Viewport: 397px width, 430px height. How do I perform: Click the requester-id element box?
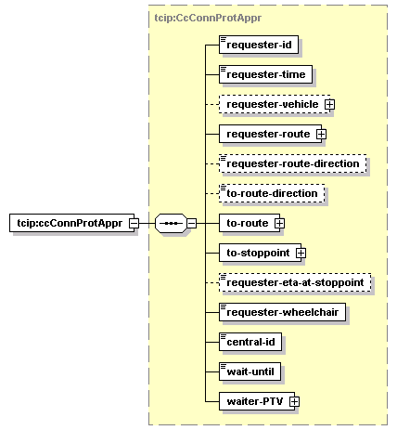pos(259,45)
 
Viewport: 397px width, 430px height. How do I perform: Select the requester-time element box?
pos(265,74)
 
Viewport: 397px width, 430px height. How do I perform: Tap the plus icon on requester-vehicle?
pos(329,104)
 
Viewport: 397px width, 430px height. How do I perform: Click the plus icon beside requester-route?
pos(321,134)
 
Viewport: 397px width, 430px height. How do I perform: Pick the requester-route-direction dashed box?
pos(293,163)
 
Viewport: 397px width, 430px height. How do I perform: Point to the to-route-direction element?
pos(272,193)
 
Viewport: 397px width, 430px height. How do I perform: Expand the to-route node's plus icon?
pos(279,223)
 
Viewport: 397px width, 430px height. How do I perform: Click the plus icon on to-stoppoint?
pos(301,253)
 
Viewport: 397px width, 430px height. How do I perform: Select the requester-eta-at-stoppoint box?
pos(295,282)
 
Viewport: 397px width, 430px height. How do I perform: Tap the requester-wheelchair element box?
pos(282,312)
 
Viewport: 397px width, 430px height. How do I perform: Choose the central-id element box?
pos(250,342)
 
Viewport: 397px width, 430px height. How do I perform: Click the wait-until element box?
pos(250,371)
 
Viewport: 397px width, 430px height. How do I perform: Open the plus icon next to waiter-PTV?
pos(294,401)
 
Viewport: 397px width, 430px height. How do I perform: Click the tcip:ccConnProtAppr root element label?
pos(70,223)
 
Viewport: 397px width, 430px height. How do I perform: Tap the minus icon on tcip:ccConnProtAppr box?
pos(134,223)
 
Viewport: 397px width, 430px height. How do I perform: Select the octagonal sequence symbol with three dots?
pos(171,223)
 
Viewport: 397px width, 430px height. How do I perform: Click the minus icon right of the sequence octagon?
pos(192,223)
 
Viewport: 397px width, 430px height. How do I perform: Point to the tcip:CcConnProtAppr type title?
pos(208,18)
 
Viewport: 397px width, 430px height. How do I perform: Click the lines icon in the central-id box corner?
pos(224,336)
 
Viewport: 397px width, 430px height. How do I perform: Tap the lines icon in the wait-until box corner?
pos(224,366)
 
